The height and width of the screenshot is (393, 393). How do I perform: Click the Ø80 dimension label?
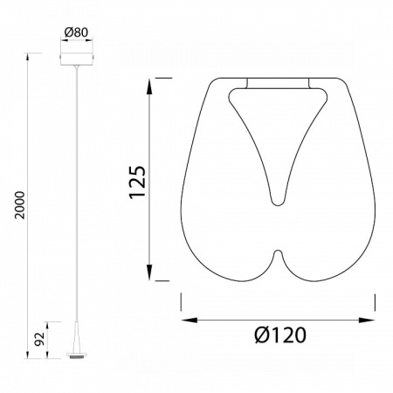[76, 32]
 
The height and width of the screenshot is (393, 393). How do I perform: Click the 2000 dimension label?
[20, 205]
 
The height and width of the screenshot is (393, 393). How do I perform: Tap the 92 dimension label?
[39, 339]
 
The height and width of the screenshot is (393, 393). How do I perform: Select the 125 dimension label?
[137, 183]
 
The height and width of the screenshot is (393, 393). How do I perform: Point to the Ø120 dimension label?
[280, 335]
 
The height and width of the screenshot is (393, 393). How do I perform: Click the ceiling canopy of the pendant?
[77, 59]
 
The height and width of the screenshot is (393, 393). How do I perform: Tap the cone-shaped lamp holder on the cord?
[77, 337]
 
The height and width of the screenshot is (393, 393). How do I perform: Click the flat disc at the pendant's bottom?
[77, 355]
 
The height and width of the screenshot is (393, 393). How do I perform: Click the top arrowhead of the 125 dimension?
[149, 86]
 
